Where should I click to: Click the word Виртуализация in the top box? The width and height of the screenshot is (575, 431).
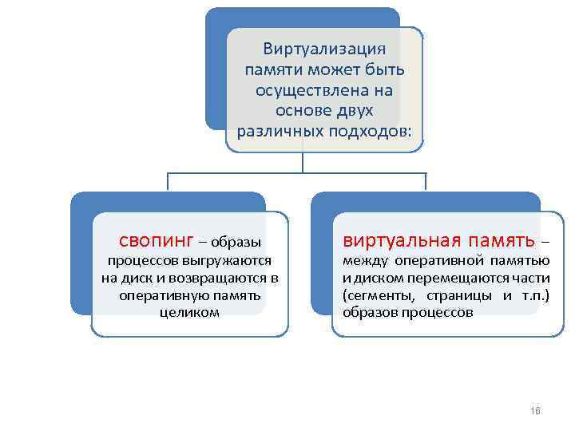pos(324,49)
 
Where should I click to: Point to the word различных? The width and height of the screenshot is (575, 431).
pos(276,130)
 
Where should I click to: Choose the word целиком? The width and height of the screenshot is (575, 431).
pos(189,312)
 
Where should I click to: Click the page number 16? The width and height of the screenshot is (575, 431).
pos(535,411)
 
